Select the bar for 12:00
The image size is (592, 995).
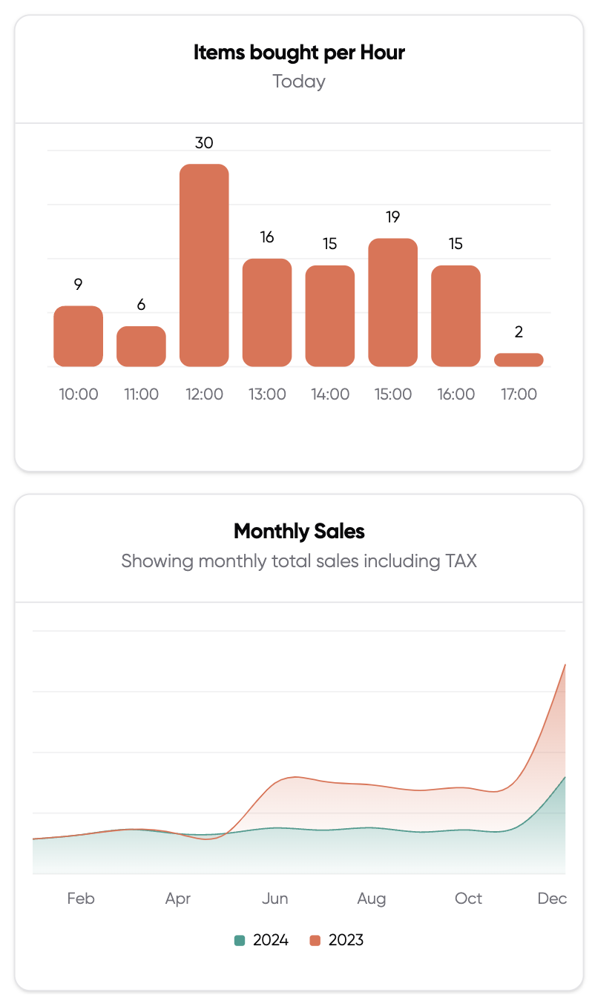(x=204, y=265)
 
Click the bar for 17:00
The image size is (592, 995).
(x=519, y=360)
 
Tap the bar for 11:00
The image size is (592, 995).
(x=141, y=346)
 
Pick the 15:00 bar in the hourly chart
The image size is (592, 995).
(x=392, y=303)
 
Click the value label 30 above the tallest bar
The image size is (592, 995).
(x=204, y=142)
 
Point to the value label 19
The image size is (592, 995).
(x=392, y=216)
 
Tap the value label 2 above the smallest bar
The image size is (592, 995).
(x=519, y=331)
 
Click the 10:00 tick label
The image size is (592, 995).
(x=79, y=394)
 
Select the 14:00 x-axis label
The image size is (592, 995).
(x=330, y=394)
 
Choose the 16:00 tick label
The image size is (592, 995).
(x=455, y=394)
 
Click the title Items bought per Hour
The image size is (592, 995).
(x=299, y=53)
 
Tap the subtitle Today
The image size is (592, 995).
(x=299, y=81)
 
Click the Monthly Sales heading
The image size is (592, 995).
(x=299, y=531)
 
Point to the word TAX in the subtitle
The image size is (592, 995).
(x=460, y=561)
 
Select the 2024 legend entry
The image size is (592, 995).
(x=262, y=940)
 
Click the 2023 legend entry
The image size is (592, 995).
(x=338, y=940)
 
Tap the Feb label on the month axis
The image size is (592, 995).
(x=81, y=899)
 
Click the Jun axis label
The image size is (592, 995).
(x=275, y=899)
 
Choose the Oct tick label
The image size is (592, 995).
(x=468, y=899)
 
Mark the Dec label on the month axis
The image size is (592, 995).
(x=552, y=899)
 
